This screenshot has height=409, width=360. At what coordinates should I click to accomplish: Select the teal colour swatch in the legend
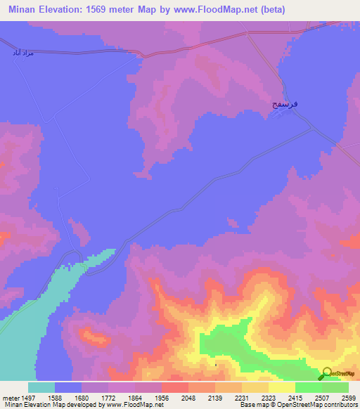pos(41,387)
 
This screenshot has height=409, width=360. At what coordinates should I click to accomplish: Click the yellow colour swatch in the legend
pos(281,387)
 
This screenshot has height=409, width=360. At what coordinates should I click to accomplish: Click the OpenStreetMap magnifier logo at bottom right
pos(326,375)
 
